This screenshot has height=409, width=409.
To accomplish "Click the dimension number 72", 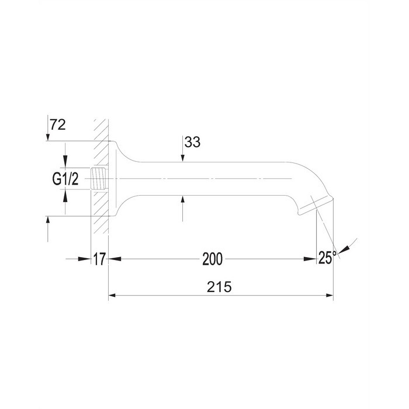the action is (x=58, y=124).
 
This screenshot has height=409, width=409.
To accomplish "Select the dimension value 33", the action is (x=192, y=142).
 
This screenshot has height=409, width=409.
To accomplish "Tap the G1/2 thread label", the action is (x=65, y=179).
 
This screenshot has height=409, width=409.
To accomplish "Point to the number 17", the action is (x=99, y=259).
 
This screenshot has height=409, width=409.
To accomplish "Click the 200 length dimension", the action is (x=213, y=259).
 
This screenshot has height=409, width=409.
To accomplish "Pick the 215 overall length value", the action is (x=219, y=287).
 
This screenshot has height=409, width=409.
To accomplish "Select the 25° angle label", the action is (x=327, y=258).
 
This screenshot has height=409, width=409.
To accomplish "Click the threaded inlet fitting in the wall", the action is (x=98, y=179).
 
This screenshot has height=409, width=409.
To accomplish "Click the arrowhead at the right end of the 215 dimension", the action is (x=329, y=296).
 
